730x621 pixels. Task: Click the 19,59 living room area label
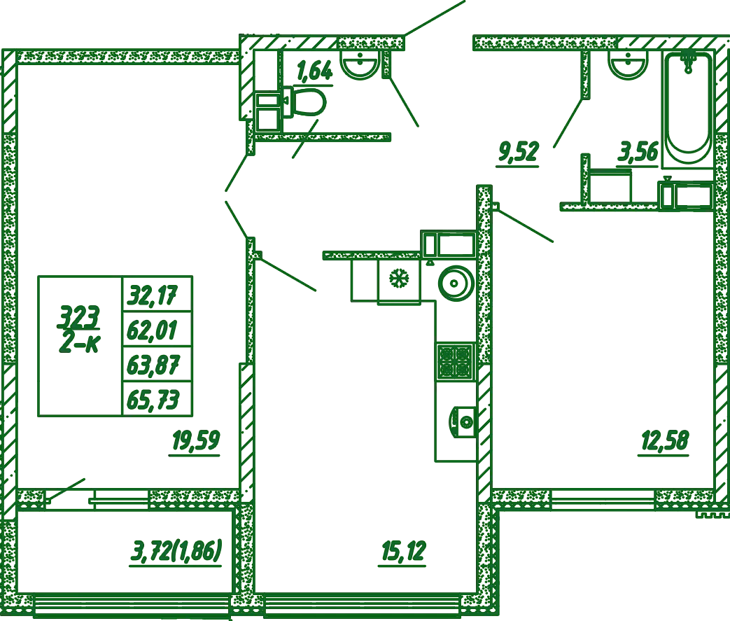[196, 440]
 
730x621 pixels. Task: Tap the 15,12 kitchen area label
[403, 551]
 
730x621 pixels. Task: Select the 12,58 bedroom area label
[664, 440]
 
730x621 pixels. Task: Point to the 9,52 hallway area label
[519, 152]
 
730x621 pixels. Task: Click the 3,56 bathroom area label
[638, 152]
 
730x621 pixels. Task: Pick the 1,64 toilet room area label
[315, 71]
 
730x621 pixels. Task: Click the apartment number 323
[78, 316]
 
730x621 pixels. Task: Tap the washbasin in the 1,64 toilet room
[360, 64]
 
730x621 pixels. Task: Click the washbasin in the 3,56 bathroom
[628, 64]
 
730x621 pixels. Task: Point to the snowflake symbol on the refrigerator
[399, 279]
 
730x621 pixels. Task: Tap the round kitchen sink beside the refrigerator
[456, 283]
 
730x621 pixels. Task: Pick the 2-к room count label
[79, 343]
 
